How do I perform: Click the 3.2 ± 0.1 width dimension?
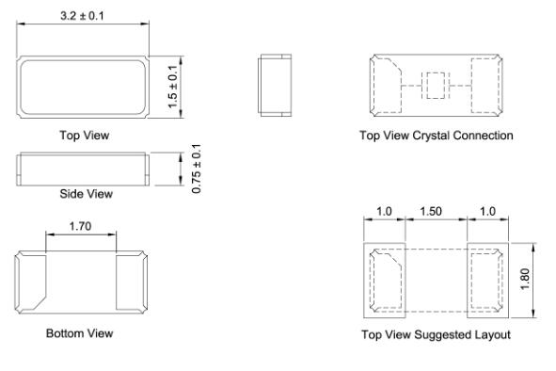point(82,16)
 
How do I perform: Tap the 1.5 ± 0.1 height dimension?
point(173,87)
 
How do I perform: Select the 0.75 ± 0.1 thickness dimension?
point(196,169)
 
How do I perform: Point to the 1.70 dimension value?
point(80,226)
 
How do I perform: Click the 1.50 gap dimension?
point(431,212)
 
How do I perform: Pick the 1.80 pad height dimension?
point(525,280)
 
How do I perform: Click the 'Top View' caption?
point(85,136)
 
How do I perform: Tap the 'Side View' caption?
point(87,194)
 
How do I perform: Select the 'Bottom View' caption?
point(80,333)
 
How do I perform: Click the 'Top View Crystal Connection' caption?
point(437,136)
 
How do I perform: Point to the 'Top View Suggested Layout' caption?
point(437,334)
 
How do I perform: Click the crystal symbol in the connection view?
point(436,86)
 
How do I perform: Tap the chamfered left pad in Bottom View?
point(31,282)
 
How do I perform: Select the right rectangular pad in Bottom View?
point(132,282)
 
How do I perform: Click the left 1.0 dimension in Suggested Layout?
point(384,212)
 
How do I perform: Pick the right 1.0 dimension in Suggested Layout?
point(487,212)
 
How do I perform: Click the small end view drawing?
point(275,85)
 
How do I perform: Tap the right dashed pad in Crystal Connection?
point(486,86)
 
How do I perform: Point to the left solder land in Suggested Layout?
point(385,281)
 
